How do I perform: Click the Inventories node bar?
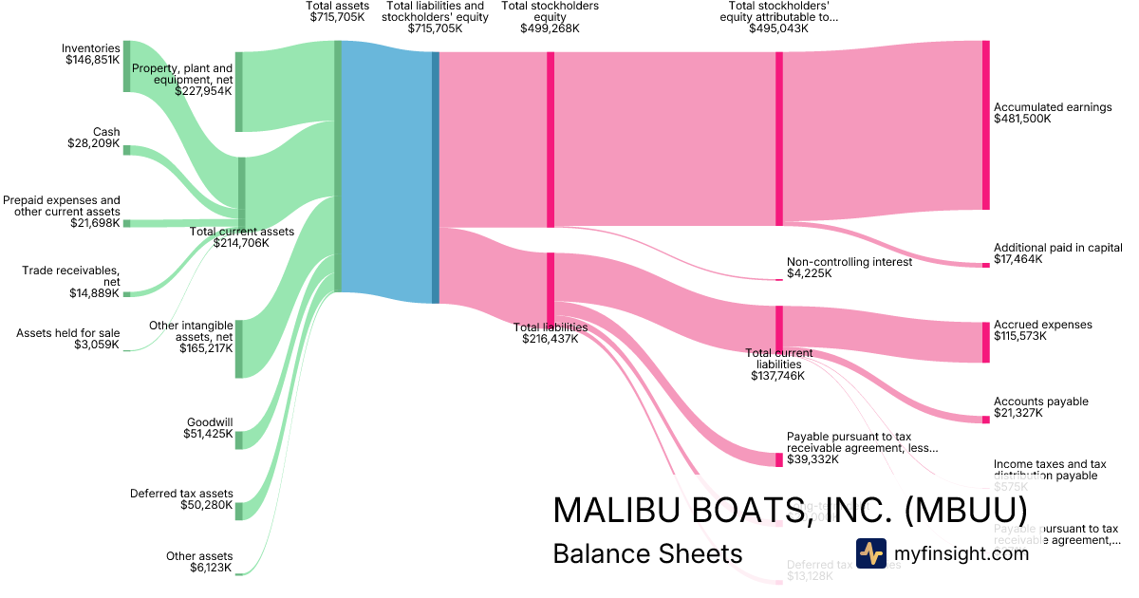click(x=126, y=66)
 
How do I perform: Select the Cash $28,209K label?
click(x=94, y=139)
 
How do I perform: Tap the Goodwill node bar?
click(x=239, y=439)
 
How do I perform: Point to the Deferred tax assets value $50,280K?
click(x=206, y=505)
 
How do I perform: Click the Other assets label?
click(x=199, y=556)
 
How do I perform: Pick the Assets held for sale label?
click(x=68, y=333)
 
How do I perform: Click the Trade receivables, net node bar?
click(x=126, y=294)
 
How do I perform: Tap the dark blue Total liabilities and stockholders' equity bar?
click(x=436, y=178)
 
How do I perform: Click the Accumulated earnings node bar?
click(x=985, y=125)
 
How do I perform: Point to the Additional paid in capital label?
click(x=1057, y=247)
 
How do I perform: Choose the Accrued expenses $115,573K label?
click(x=1042, y=330)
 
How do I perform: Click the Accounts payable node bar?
click(x=985, y=419)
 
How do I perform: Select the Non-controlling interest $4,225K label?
click(x=849, y=268)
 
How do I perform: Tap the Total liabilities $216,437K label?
click(x=551, y=333)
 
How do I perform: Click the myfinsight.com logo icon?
click(x=870, y=553)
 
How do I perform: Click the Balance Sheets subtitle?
click(x=647, y=554)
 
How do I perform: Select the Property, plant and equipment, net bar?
click(x=239, y=91)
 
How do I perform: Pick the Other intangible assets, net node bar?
click(x=239, y=349)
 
